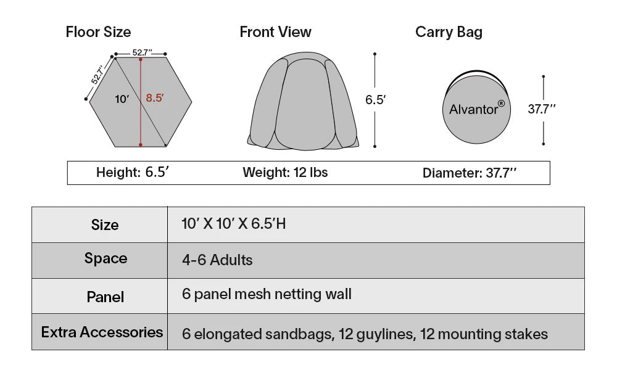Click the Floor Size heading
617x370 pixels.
(x=98, y=32)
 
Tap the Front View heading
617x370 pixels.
(x=275, y=32)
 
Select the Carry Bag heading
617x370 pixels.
(x=449, y=32)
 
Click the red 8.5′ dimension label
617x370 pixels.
(x=155, y=97)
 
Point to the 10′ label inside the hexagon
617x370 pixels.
(x=122, y=99)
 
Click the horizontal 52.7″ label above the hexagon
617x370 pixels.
(x=142, y=52)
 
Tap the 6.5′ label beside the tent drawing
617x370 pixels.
(x=375, y=99)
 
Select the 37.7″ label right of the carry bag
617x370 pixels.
(x=542, y=109)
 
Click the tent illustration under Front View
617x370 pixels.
(x=303, y=101)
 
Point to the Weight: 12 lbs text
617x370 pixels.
(x=285, y=172)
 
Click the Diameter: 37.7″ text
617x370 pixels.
(x=470, y=173)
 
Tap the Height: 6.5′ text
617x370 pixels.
(x=133, y=172)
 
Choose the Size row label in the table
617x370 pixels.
(x=105, y=224)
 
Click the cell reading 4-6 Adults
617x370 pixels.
(x=217, y=260)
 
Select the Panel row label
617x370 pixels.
(x=105, y=297)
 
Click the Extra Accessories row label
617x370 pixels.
(x=102, y=332)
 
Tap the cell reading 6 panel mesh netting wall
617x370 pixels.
(x=267, y=294)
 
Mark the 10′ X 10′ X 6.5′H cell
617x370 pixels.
(x=234, y=224)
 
